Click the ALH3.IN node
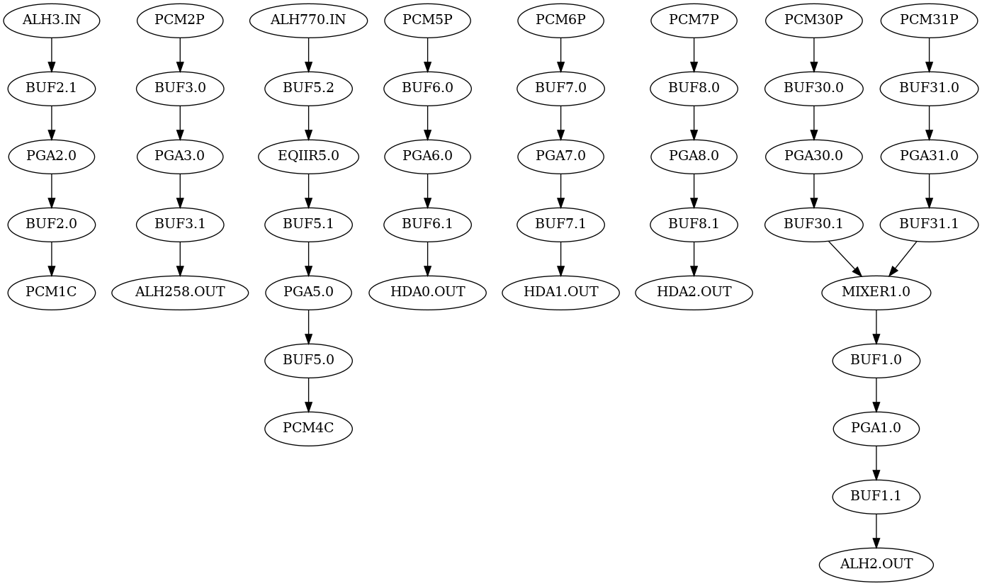(51, 21)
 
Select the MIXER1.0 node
(876, 292)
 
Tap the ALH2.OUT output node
(876, 565)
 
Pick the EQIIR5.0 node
(308, 156)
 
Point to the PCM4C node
(308, 429)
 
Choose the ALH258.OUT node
(180, 292)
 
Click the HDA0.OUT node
(427, 292)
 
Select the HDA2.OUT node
(694, 292)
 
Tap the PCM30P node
(813, 21)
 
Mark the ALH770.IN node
(308, 21)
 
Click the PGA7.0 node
(560, 156)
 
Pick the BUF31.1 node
(929, 224)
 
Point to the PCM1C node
(51, 292)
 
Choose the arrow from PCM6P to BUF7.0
(560, 55)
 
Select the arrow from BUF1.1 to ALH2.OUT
(876, 531)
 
